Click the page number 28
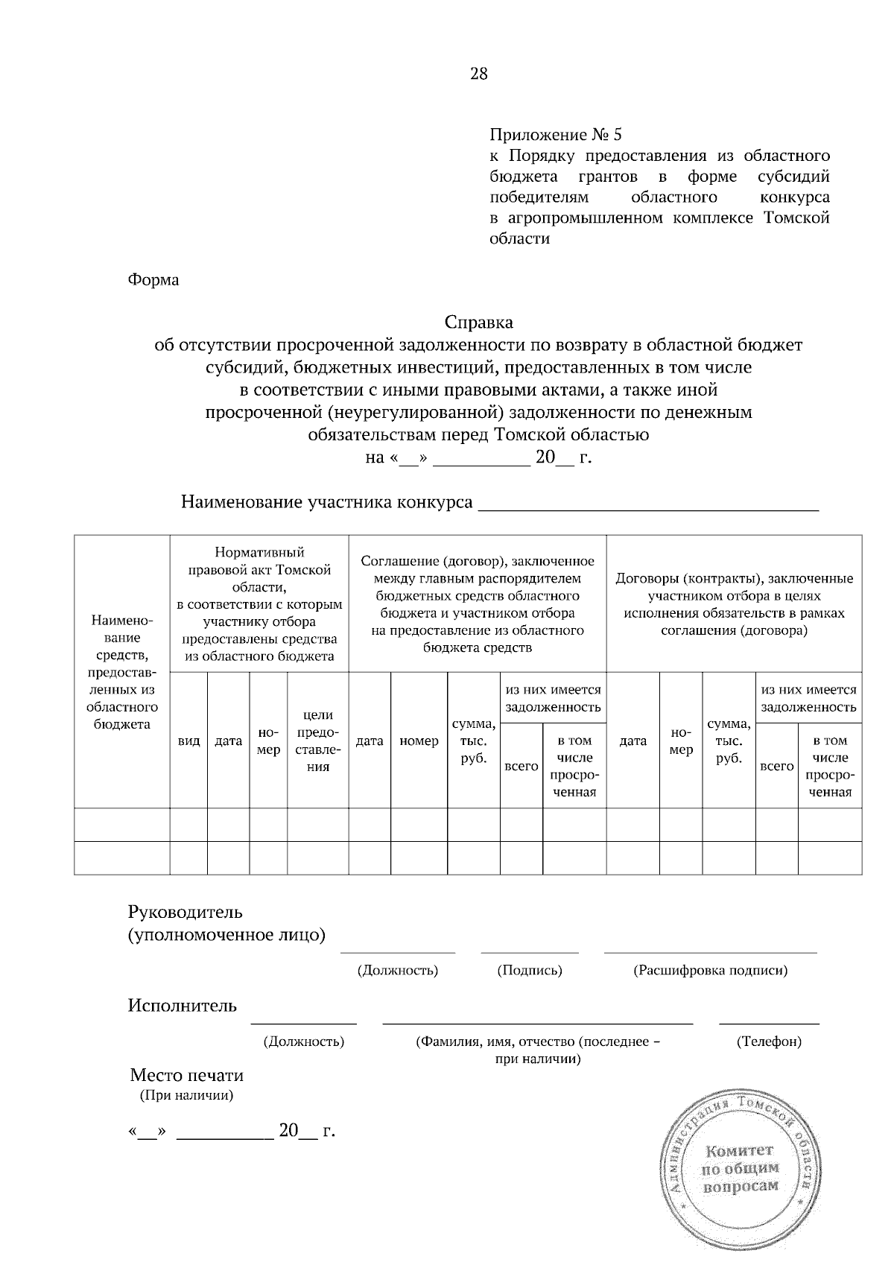coord(478,73)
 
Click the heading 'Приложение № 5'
coord(555,135)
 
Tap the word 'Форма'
coord(153,280)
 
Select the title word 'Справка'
coord(479,323)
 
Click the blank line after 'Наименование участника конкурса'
coord(647,504)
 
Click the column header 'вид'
coord(188,741)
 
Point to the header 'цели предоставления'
coord(318,741)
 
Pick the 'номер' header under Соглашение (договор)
coord(419,741)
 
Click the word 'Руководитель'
coord(186,912)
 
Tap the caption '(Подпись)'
coord(529,970)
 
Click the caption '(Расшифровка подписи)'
coord(710,970)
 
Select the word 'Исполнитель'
coord(183,1006)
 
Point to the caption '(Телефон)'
coord(769,1042)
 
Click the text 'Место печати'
coord(186,1075)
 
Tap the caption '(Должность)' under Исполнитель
coord(304,1042)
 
